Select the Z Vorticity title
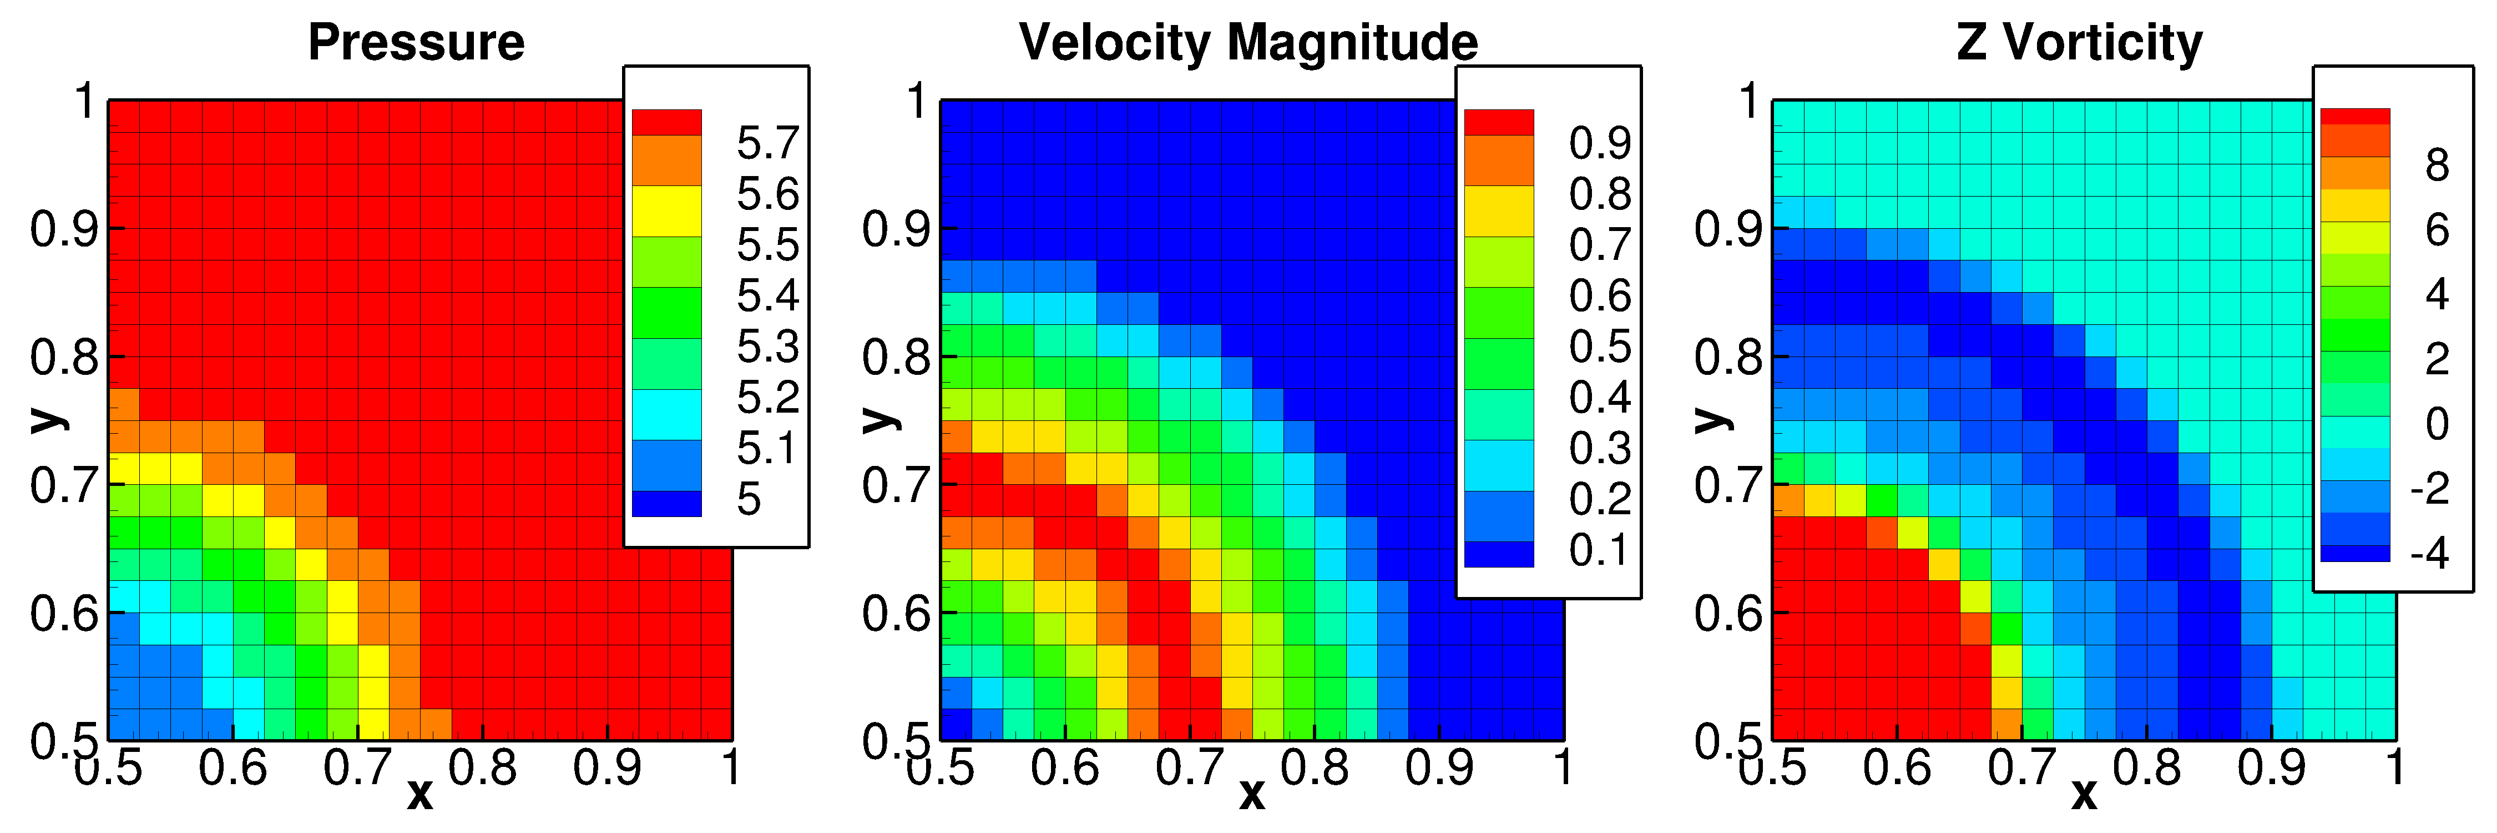(2079, 43)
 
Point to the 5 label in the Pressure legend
(749, 499)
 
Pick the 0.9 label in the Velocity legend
(1600, 143)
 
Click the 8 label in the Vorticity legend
(2437, 166)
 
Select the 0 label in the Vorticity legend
(2437, 424)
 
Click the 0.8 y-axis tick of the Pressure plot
(64, 357)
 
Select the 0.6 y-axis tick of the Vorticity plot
(1728, 613)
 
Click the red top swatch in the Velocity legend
(1499, 122)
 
